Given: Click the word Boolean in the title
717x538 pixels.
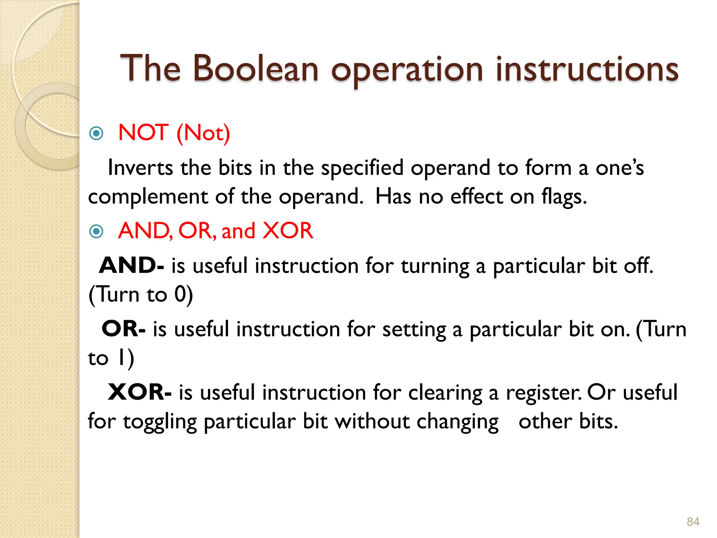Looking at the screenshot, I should [256, 69].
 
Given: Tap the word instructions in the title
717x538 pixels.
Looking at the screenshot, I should [587, 69].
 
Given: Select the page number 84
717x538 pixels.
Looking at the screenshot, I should [693, 522].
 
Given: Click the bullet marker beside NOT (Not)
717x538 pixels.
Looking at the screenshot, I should [96, 133].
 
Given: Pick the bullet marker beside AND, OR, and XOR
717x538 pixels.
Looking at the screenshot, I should [96, 231].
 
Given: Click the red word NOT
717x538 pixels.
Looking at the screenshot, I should [144, 133].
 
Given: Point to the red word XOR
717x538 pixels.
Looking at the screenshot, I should [288, 231].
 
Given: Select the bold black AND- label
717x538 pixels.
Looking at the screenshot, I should [131, 265].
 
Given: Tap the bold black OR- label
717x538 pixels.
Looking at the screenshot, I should [123, 329].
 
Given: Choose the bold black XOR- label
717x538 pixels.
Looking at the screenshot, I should [139, 392].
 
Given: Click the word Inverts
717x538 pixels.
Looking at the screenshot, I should [140, 168].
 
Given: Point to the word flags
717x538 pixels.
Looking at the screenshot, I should [564, 197].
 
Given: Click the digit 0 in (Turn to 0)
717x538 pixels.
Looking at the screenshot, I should [180, 294].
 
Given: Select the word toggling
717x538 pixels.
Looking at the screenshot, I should [160, 421].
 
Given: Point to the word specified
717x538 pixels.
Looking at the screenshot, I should [362, 168].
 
